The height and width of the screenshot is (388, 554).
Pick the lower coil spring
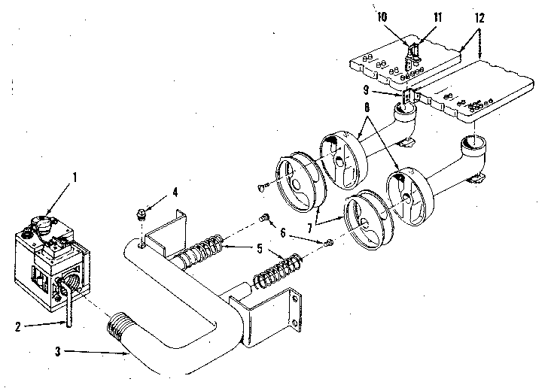coord(279,271)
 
